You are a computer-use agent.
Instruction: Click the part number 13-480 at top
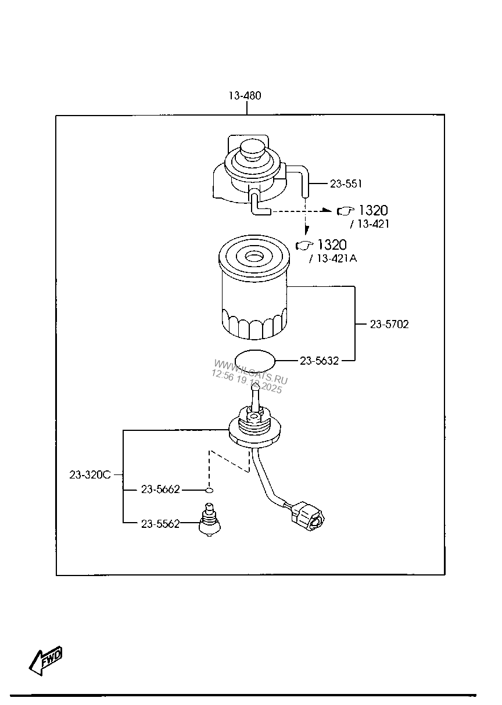point(244,96)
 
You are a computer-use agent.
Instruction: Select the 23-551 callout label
point(346,184)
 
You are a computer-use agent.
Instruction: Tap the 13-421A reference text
point(336,258)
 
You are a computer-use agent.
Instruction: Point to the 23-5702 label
point(389,325)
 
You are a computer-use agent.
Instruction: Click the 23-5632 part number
point(319,361)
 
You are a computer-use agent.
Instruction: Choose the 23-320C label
point(89,474)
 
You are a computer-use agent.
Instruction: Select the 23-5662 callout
point(160,490)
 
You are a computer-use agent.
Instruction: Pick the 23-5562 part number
point(160,524)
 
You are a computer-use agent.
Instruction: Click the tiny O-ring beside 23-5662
point(209,490)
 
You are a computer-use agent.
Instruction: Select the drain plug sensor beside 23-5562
point(210,520)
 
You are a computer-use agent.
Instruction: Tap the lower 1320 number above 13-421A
point(331,244)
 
